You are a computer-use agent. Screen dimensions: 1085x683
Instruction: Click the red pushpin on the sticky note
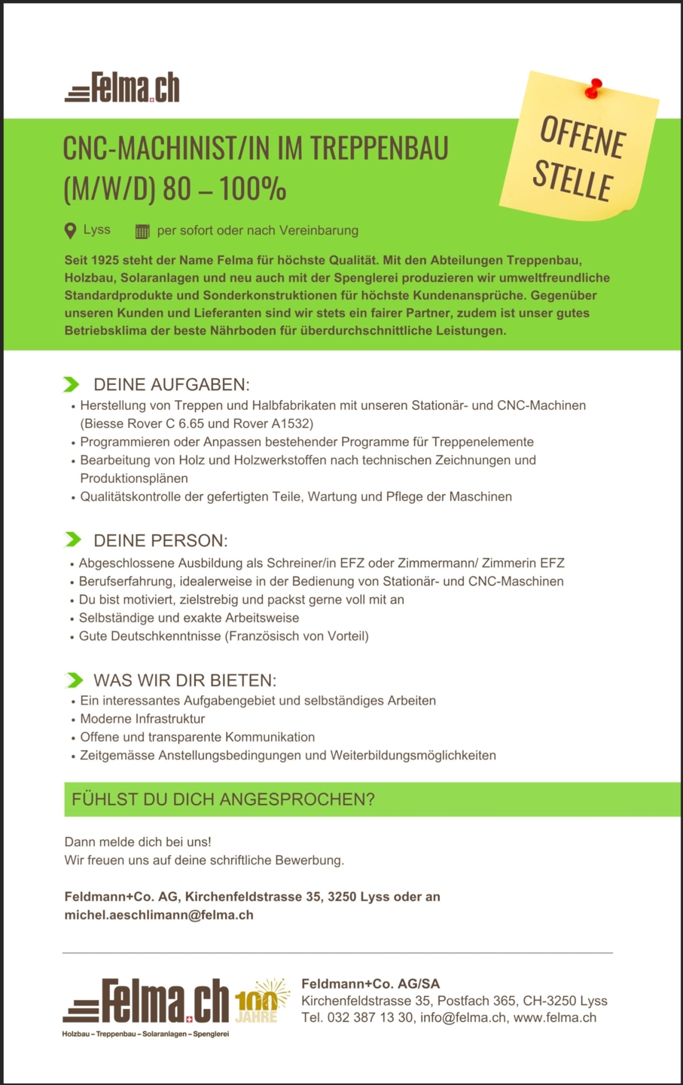point(593,88)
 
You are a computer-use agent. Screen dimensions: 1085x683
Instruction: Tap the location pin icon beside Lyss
point(70,231)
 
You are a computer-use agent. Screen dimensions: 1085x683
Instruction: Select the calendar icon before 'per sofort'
point(142,231)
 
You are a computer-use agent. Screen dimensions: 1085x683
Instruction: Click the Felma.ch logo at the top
point(123,88)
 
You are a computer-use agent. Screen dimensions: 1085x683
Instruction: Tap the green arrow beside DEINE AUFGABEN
point(72,385)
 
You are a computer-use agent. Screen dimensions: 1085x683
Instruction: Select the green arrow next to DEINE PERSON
point(73,539)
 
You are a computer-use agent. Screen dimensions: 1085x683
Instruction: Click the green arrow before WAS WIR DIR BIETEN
point(75,680)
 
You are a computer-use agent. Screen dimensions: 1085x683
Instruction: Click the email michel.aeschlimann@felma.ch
point(159,915)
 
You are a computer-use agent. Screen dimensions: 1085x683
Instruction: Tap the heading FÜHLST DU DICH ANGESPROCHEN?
point(223,799)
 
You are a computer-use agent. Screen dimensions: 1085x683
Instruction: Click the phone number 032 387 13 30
point(370,1017)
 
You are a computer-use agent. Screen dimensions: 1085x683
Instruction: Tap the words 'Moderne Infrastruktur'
point(142,719)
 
